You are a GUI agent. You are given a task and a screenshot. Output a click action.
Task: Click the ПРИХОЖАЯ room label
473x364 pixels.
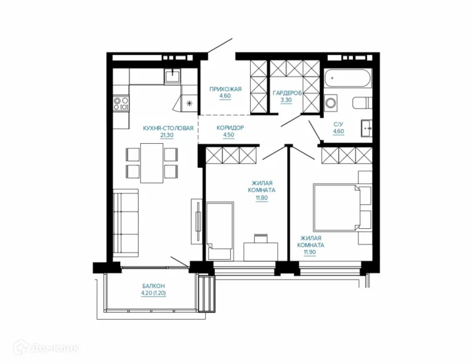(225, 89)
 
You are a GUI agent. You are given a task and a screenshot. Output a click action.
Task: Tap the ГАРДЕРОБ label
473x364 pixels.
(287, 93)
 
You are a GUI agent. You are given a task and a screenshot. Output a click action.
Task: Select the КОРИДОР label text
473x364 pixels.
(230, 128)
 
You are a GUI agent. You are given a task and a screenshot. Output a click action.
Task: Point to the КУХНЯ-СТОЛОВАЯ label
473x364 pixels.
(168, 128)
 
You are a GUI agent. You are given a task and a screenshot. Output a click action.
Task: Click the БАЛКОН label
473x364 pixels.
(153, 286)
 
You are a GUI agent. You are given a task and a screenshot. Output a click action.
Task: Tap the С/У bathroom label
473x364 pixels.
(338, 124)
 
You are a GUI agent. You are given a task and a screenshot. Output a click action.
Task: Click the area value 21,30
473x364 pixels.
(167, 135)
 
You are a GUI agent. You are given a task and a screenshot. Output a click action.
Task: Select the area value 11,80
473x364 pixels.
(262, 198)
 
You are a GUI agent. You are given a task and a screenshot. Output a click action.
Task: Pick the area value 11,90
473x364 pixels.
(310, 252)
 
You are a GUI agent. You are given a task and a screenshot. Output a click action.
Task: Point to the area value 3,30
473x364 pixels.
(286, 100)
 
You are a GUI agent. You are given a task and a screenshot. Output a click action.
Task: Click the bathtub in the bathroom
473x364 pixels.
(347, 78)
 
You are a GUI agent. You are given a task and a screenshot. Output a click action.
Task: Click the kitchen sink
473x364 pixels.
(173, 76)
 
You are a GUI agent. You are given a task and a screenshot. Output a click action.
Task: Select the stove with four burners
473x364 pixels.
(121, 103)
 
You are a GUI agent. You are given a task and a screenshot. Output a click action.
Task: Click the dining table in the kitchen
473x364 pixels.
(152, 163)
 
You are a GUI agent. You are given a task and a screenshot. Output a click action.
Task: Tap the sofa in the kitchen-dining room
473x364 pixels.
(126, 223)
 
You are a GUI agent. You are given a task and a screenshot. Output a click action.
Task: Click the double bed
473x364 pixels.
(337, 207)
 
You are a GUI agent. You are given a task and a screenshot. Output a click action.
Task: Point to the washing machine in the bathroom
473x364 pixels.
(331, 103)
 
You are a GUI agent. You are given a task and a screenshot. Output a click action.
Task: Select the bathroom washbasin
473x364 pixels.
(366, 128)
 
